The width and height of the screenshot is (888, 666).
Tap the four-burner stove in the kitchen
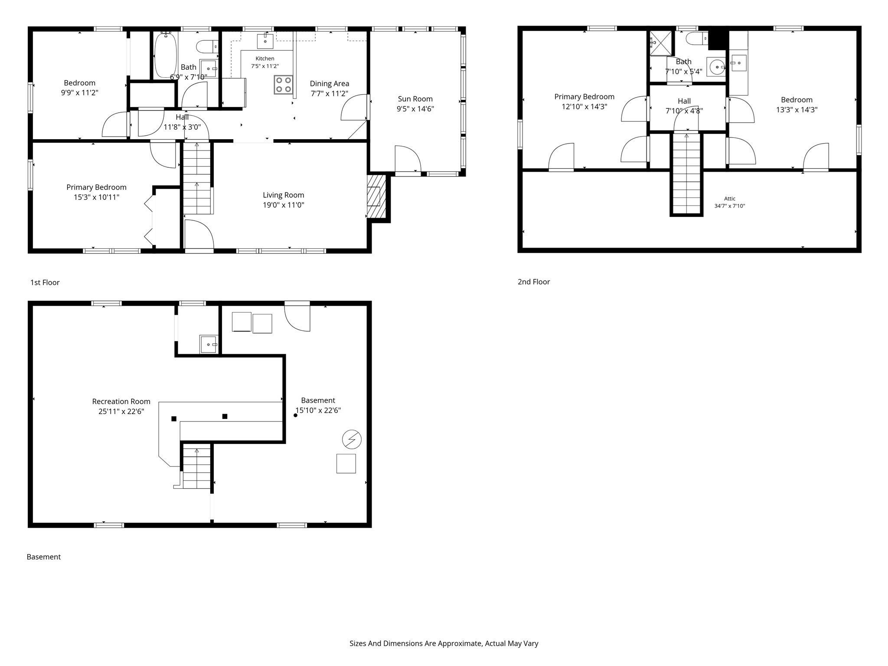point(283,85)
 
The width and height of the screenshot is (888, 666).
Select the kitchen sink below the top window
point(265,41)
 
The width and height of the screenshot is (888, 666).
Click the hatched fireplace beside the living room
point(376,196)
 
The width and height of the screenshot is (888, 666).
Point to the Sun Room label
point(415,99)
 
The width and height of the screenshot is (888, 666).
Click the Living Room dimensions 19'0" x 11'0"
point(284,205)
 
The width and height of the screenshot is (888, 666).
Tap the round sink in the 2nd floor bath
point(718,67)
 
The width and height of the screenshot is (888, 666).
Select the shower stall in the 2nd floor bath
point(660,43)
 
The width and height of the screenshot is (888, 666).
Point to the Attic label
point(730,199)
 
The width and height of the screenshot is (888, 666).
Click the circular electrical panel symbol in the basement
point(352,440)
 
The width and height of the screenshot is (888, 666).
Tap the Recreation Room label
point(121,402)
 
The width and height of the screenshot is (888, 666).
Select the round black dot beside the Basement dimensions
point(296,415)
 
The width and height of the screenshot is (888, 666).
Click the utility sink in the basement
point(209,344)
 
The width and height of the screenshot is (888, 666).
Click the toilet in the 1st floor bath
point(204,46)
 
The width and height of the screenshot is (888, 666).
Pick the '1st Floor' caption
point(45,283)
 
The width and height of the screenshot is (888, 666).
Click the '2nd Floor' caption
point(534,282)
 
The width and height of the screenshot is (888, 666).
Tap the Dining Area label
point(330,84)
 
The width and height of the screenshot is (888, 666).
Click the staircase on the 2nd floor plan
point(686,173)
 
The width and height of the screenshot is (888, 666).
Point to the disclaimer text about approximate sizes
point(444,643)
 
